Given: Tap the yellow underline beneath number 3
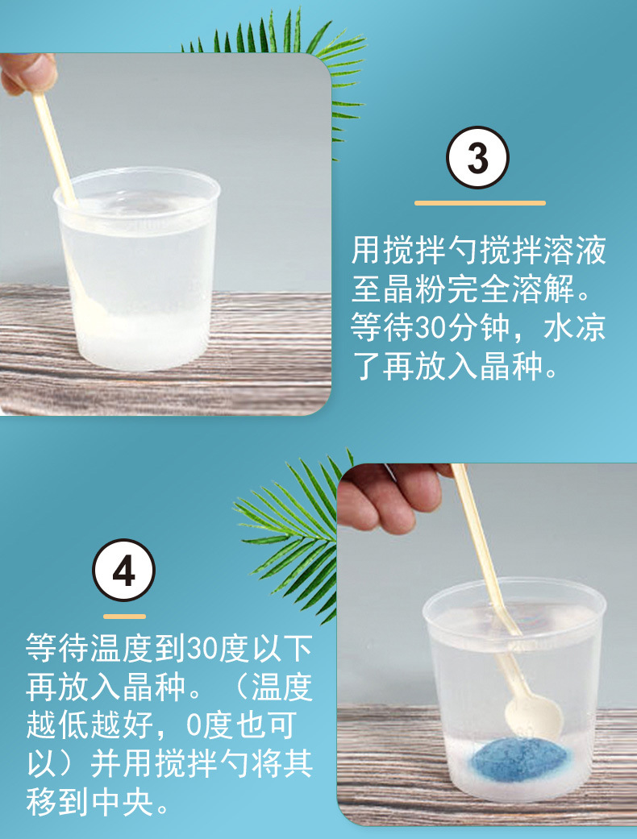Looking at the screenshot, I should (x=480, y=203).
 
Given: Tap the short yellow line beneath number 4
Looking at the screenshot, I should (x=123, y=617).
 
